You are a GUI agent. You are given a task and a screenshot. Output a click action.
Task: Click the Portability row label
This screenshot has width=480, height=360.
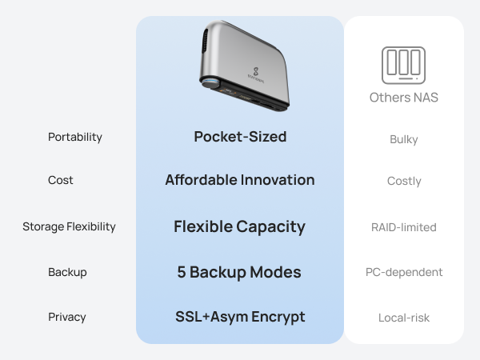click(75, 137)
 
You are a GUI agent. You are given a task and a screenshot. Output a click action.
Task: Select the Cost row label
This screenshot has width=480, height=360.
click(61, 180)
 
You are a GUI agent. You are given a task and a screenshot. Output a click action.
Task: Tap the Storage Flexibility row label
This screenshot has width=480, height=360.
click(69, 226)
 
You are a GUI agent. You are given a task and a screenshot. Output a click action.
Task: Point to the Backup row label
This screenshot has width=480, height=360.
click(67, 272)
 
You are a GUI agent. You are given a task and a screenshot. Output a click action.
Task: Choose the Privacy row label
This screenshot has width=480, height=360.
click(67, 317)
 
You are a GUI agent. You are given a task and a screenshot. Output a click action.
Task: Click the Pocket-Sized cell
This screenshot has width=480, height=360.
click(240, 137)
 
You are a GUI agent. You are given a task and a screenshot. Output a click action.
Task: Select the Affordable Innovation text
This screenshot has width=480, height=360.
click(240, 180)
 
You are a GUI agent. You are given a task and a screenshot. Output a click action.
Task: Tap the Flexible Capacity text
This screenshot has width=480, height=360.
click(240, 227)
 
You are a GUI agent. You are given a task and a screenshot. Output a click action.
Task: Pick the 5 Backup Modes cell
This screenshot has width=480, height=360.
click(239, 272)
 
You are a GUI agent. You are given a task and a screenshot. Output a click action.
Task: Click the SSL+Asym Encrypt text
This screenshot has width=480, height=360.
click(240, 317)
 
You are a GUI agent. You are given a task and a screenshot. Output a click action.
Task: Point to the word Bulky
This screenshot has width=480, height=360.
click(404, 139)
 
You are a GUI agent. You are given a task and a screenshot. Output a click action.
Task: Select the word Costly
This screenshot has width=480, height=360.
click(404, 181)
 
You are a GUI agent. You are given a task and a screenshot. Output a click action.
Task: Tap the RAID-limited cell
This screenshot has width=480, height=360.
click(404, 227)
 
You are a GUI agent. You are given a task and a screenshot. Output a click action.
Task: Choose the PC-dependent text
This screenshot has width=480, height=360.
click(404, 272)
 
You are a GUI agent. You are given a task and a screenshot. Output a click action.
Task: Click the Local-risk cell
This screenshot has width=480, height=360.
click(404, 318)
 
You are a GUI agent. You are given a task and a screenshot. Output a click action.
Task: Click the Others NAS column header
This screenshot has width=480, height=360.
click(404, 98)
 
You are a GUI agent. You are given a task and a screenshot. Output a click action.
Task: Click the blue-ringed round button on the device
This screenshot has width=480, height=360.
click(210, 83)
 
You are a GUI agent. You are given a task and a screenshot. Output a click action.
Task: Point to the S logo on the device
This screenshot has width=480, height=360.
click(256, 72)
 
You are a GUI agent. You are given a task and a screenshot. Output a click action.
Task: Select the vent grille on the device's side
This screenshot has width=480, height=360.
click(205, 41)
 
